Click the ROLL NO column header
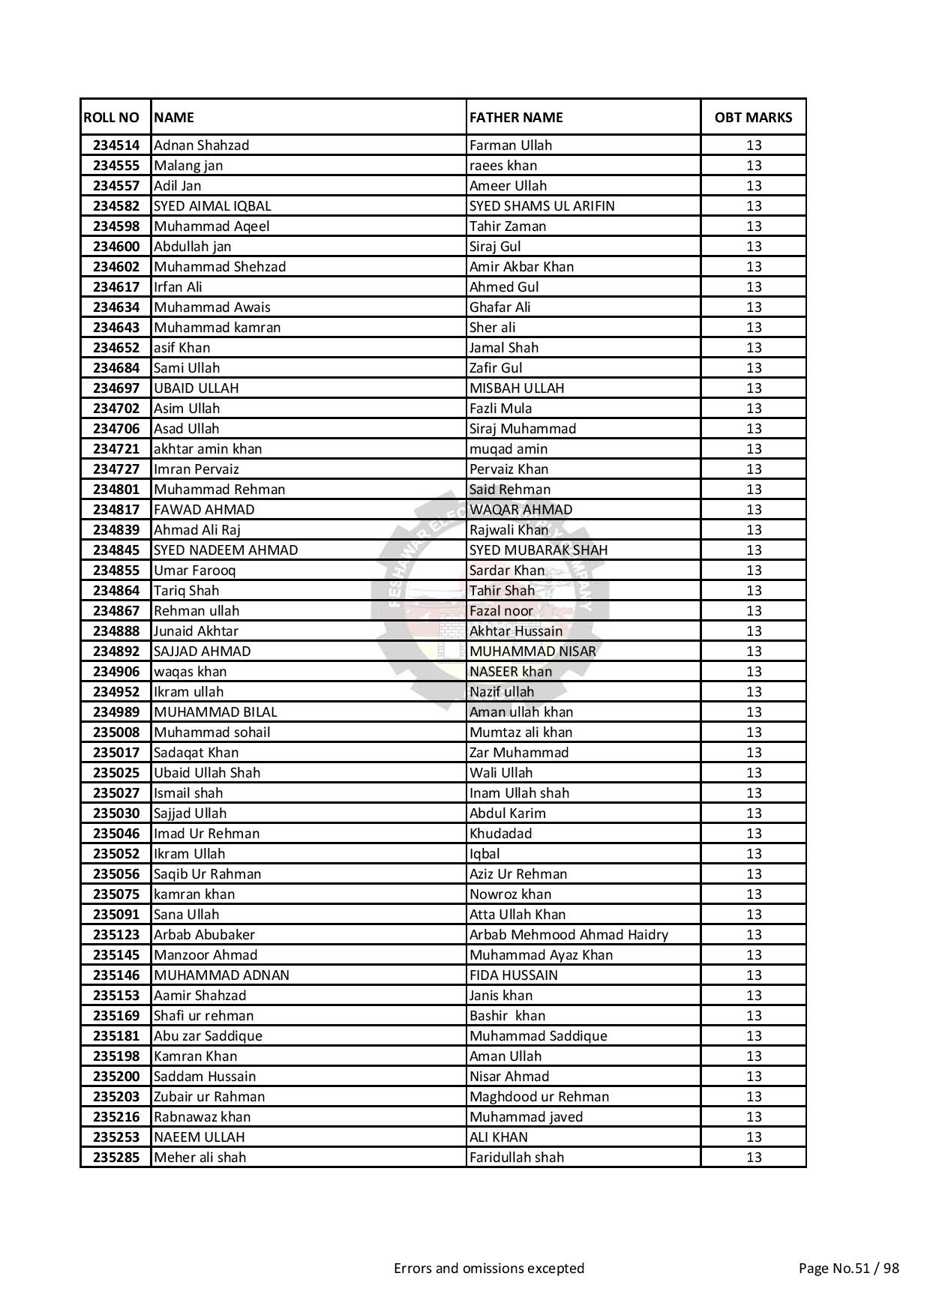pos(111,118)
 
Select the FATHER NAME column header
pos(516,118)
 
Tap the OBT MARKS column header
pos(753,118)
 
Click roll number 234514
pos(115,145)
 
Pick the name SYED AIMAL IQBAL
pos(212,206)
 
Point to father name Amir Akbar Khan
pos(521,267)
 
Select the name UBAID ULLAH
pos(196,388)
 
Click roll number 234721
pos(115,449)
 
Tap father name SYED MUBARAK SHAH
pos(538,550)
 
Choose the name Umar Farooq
pos(194,571)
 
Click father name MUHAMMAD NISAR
pos(532,652)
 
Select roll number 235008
pos(115,732)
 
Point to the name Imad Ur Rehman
pos(206,834)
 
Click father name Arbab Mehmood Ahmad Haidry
pos(568,935)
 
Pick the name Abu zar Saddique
pos(208,1036)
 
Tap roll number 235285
pos(115,1158)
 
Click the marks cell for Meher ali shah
pos(753,1158)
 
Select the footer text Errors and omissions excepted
pos(489,1269)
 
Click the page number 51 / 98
pos(849,1269)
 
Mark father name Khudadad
pos(500,834)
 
